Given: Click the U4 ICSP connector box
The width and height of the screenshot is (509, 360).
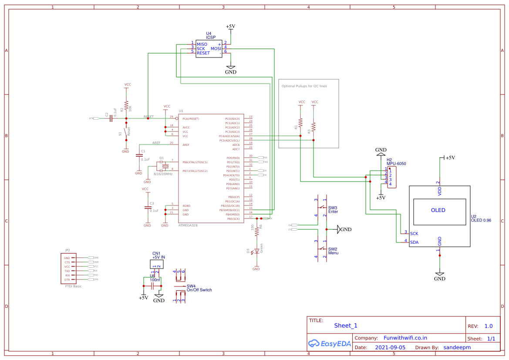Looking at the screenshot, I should pyautogui.click(x=209, y=48).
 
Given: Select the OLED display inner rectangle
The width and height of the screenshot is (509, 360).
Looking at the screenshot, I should pyautogui.click(x=438, y=210).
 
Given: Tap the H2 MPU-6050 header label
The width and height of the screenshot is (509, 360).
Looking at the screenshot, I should pyautogui.click(x=396, y=161).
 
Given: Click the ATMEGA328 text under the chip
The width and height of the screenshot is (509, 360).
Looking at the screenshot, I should pyautogui.click(x=188, y=225).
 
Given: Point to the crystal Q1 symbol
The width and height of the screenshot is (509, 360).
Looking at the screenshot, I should pyautogui.click(x=165, y=166).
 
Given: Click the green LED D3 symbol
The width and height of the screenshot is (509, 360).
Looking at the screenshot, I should pyautogui.click(x=256, y=251).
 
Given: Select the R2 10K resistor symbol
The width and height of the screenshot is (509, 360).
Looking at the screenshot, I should pyautogui.click(x=126, y=106).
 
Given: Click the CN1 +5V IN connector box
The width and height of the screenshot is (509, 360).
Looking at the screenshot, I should pyautogui.click(x=157, y=264).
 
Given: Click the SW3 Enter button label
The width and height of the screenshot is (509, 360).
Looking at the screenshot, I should pyautogui.click(x=333, y=210).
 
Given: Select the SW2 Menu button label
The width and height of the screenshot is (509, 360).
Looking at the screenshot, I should pyautogui.click(x=333, y=251).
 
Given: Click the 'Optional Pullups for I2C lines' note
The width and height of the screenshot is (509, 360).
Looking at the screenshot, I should pyautogui.click(x=304, y=86).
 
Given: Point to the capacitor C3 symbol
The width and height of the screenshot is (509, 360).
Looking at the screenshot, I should pyautogui.click(x=147, y=208).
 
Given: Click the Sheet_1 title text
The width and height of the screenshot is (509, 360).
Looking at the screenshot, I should pyautogui.click(x=346, y=326).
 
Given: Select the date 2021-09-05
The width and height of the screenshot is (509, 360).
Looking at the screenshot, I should pyautogui.click(x=390, y=348).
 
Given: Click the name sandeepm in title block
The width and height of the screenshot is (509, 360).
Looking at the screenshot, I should pyautogui.click(x=457, y=348).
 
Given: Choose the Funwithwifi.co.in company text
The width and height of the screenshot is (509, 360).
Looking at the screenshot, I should pyautogui.click(x=405, y=338).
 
